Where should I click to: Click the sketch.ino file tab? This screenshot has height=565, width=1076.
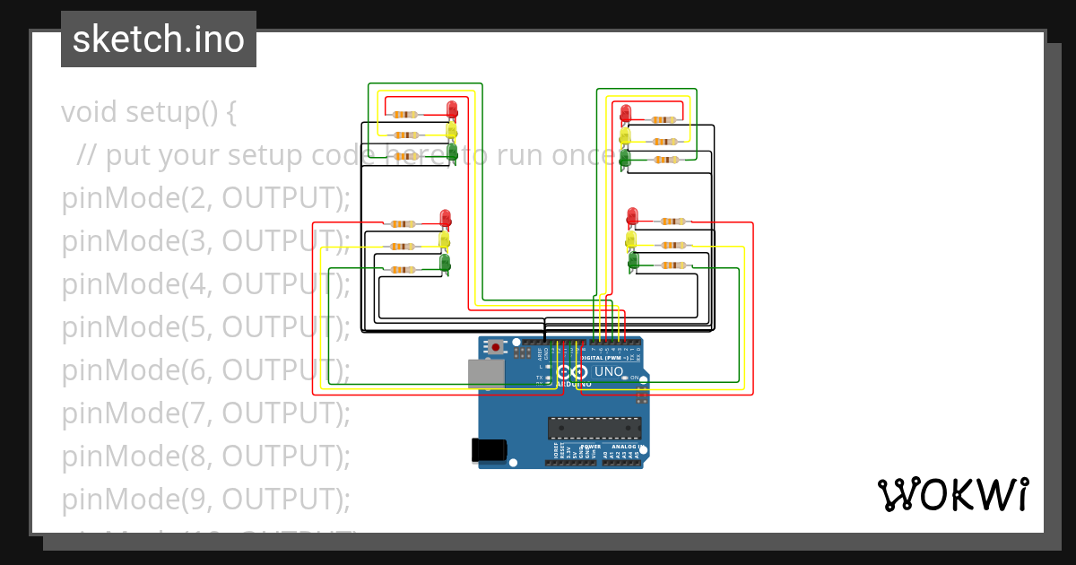point(159,39)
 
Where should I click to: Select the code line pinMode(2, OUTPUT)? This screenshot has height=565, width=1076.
point(205,198)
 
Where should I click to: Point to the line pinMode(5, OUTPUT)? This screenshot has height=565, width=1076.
point(205,327)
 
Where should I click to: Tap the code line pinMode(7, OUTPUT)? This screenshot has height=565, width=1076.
point(205,413)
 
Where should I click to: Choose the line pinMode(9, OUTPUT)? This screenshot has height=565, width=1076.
point(205,499)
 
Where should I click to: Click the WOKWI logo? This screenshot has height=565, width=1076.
point(952,495)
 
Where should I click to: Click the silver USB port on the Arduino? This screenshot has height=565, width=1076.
point(486,373)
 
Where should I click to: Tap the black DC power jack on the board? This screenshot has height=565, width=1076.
point(489,449)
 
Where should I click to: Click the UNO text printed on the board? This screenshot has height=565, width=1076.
point(609,371)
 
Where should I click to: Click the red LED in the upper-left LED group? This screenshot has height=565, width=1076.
point(452,109)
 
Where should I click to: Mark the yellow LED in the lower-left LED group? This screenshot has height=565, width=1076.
point(444,240)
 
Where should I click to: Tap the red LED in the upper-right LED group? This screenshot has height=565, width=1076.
point(625,113)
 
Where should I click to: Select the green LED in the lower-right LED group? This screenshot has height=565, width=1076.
point(633,261)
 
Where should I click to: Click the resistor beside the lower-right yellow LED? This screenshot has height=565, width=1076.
point(672,245)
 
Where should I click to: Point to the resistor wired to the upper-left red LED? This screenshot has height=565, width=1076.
point(404,115)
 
